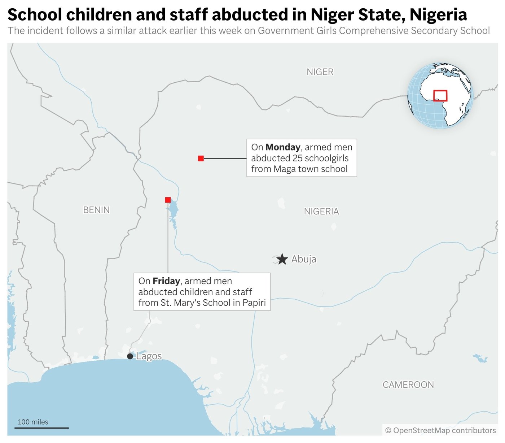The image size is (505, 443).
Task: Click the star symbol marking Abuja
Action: (x=282, y=259)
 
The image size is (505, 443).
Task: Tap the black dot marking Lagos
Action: (x=130, y=356)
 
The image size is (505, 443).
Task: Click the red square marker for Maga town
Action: (x=201, y=158)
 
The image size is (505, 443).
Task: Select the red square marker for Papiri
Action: (x=168, y=200)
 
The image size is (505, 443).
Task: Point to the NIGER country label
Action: (x=320, y=72)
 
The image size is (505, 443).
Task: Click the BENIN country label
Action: (x=96, y=210)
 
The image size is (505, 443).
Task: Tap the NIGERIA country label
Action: (x=321, y=211)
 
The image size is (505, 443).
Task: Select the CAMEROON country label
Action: (x=408, y=385)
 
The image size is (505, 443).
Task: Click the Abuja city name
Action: (x=304, y=259)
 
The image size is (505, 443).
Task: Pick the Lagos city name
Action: (x=149, y=356)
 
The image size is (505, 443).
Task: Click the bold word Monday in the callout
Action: (x=283, y=147)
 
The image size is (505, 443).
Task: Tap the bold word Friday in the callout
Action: (x=166, y=281)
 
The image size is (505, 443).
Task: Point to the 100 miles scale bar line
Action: (x=41, y=428)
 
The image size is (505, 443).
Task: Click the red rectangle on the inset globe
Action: (x=440, y=95)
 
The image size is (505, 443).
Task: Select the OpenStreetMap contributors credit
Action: (x=440, y=430)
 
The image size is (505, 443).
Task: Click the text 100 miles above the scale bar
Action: (x=33, y=422)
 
